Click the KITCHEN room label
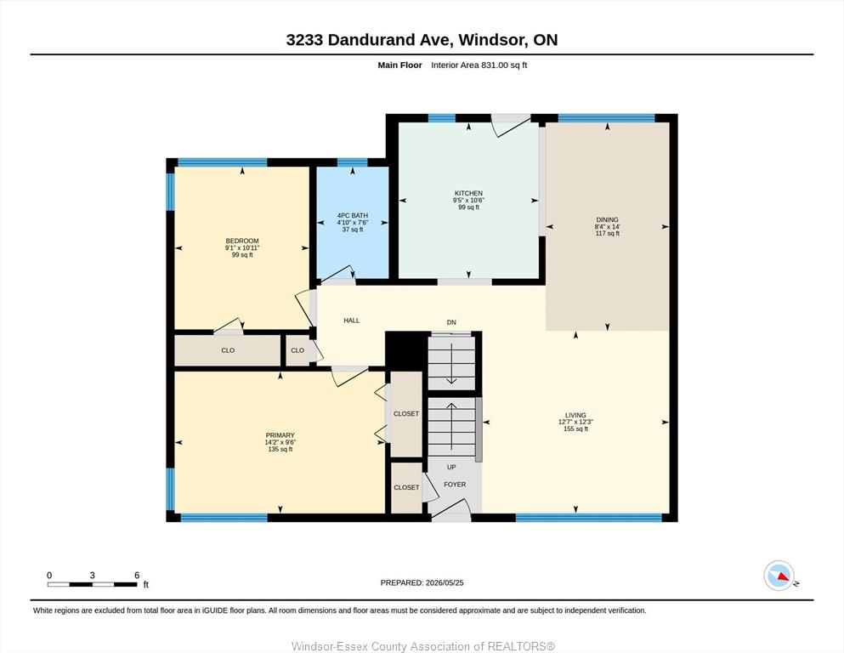point(468,193)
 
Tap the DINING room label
point(607,219)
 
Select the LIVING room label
point(575,415)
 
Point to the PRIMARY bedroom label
point(280,435)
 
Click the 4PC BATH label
point(353,215)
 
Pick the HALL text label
point(352,321)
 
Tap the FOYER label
point(455,485)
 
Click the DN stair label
point(451,322)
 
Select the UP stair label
point(451,468)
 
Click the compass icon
point(779,576)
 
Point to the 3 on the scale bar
point(92,576)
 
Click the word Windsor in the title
point(492,40)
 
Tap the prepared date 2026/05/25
point(445,582)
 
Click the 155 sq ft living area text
point(575,429)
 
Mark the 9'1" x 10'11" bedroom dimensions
point(242,247)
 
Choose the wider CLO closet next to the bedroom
point(228,350)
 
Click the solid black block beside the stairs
point(406,351)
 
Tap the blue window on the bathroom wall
point(353,162)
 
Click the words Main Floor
point(400,65)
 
